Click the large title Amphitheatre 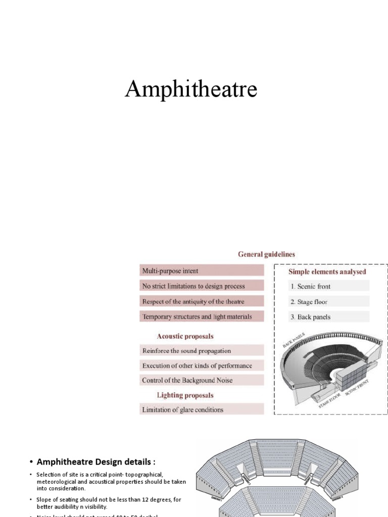191,89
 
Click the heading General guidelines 266,254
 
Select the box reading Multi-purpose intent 202,271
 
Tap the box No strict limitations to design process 202,286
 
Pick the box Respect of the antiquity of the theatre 202,301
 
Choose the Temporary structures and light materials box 202,317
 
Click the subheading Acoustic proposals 185,336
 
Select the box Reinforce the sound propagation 202,350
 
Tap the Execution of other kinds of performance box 202,366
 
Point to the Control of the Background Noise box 202,380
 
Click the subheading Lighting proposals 185,395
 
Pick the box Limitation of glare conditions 202,409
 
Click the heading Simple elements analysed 327,272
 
